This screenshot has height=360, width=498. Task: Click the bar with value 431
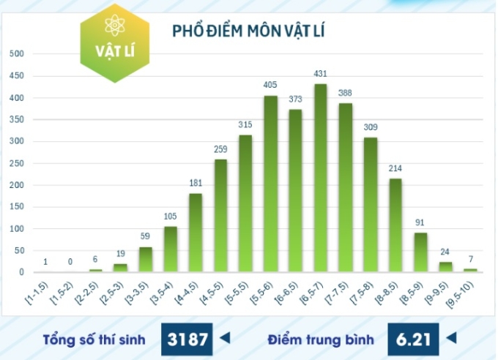click(x=321, y=179)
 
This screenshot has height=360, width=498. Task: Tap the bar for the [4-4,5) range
click(x=196, y=233)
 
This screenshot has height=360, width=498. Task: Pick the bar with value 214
click(x=395, y=225)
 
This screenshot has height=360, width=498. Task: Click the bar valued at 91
click(x=420, y=252)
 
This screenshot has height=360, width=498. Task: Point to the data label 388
click(x=346, y=93)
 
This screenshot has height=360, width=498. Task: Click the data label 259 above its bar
click(x=220, y=149)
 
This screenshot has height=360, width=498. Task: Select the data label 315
click(x=245, y=125)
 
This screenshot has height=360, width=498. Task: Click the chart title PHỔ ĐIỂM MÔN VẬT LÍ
click(x=248, y=31)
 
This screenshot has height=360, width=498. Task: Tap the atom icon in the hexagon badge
click(x=115, y=27)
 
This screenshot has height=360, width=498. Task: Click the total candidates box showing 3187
click(x=187, y=339)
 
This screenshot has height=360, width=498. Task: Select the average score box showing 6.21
click(x=414, y=339)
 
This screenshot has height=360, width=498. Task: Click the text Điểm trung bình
click(x=321, y=340)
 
